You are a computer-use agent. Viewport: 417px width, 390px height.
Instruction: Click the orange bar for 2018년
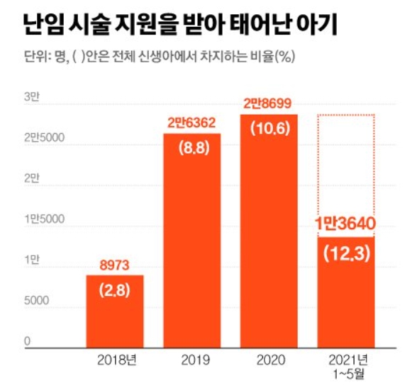(x=115, y=311)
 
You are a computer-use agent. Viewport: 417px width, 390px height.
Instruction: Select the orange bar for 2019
(x=192, y=241)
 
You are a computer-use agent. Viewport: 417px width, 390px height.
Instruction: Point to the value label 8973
(x=115, y=265)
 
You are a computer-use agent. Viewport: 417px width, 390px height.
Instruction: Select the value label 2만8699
(x=269, y=103)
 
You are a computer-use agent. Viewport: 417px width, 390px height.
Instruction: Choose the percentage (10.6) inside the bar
(x=269, y=128)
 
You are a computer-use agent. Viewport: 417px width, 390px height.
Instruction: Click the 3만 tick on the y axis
(x=30, y=97)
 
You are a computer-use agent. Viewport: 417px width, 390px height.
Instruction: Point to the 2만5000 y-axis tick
(x=44, y=138)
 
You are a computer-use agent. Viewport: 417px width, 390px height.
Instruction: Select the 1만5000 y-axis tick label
(x=44, y=220)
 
